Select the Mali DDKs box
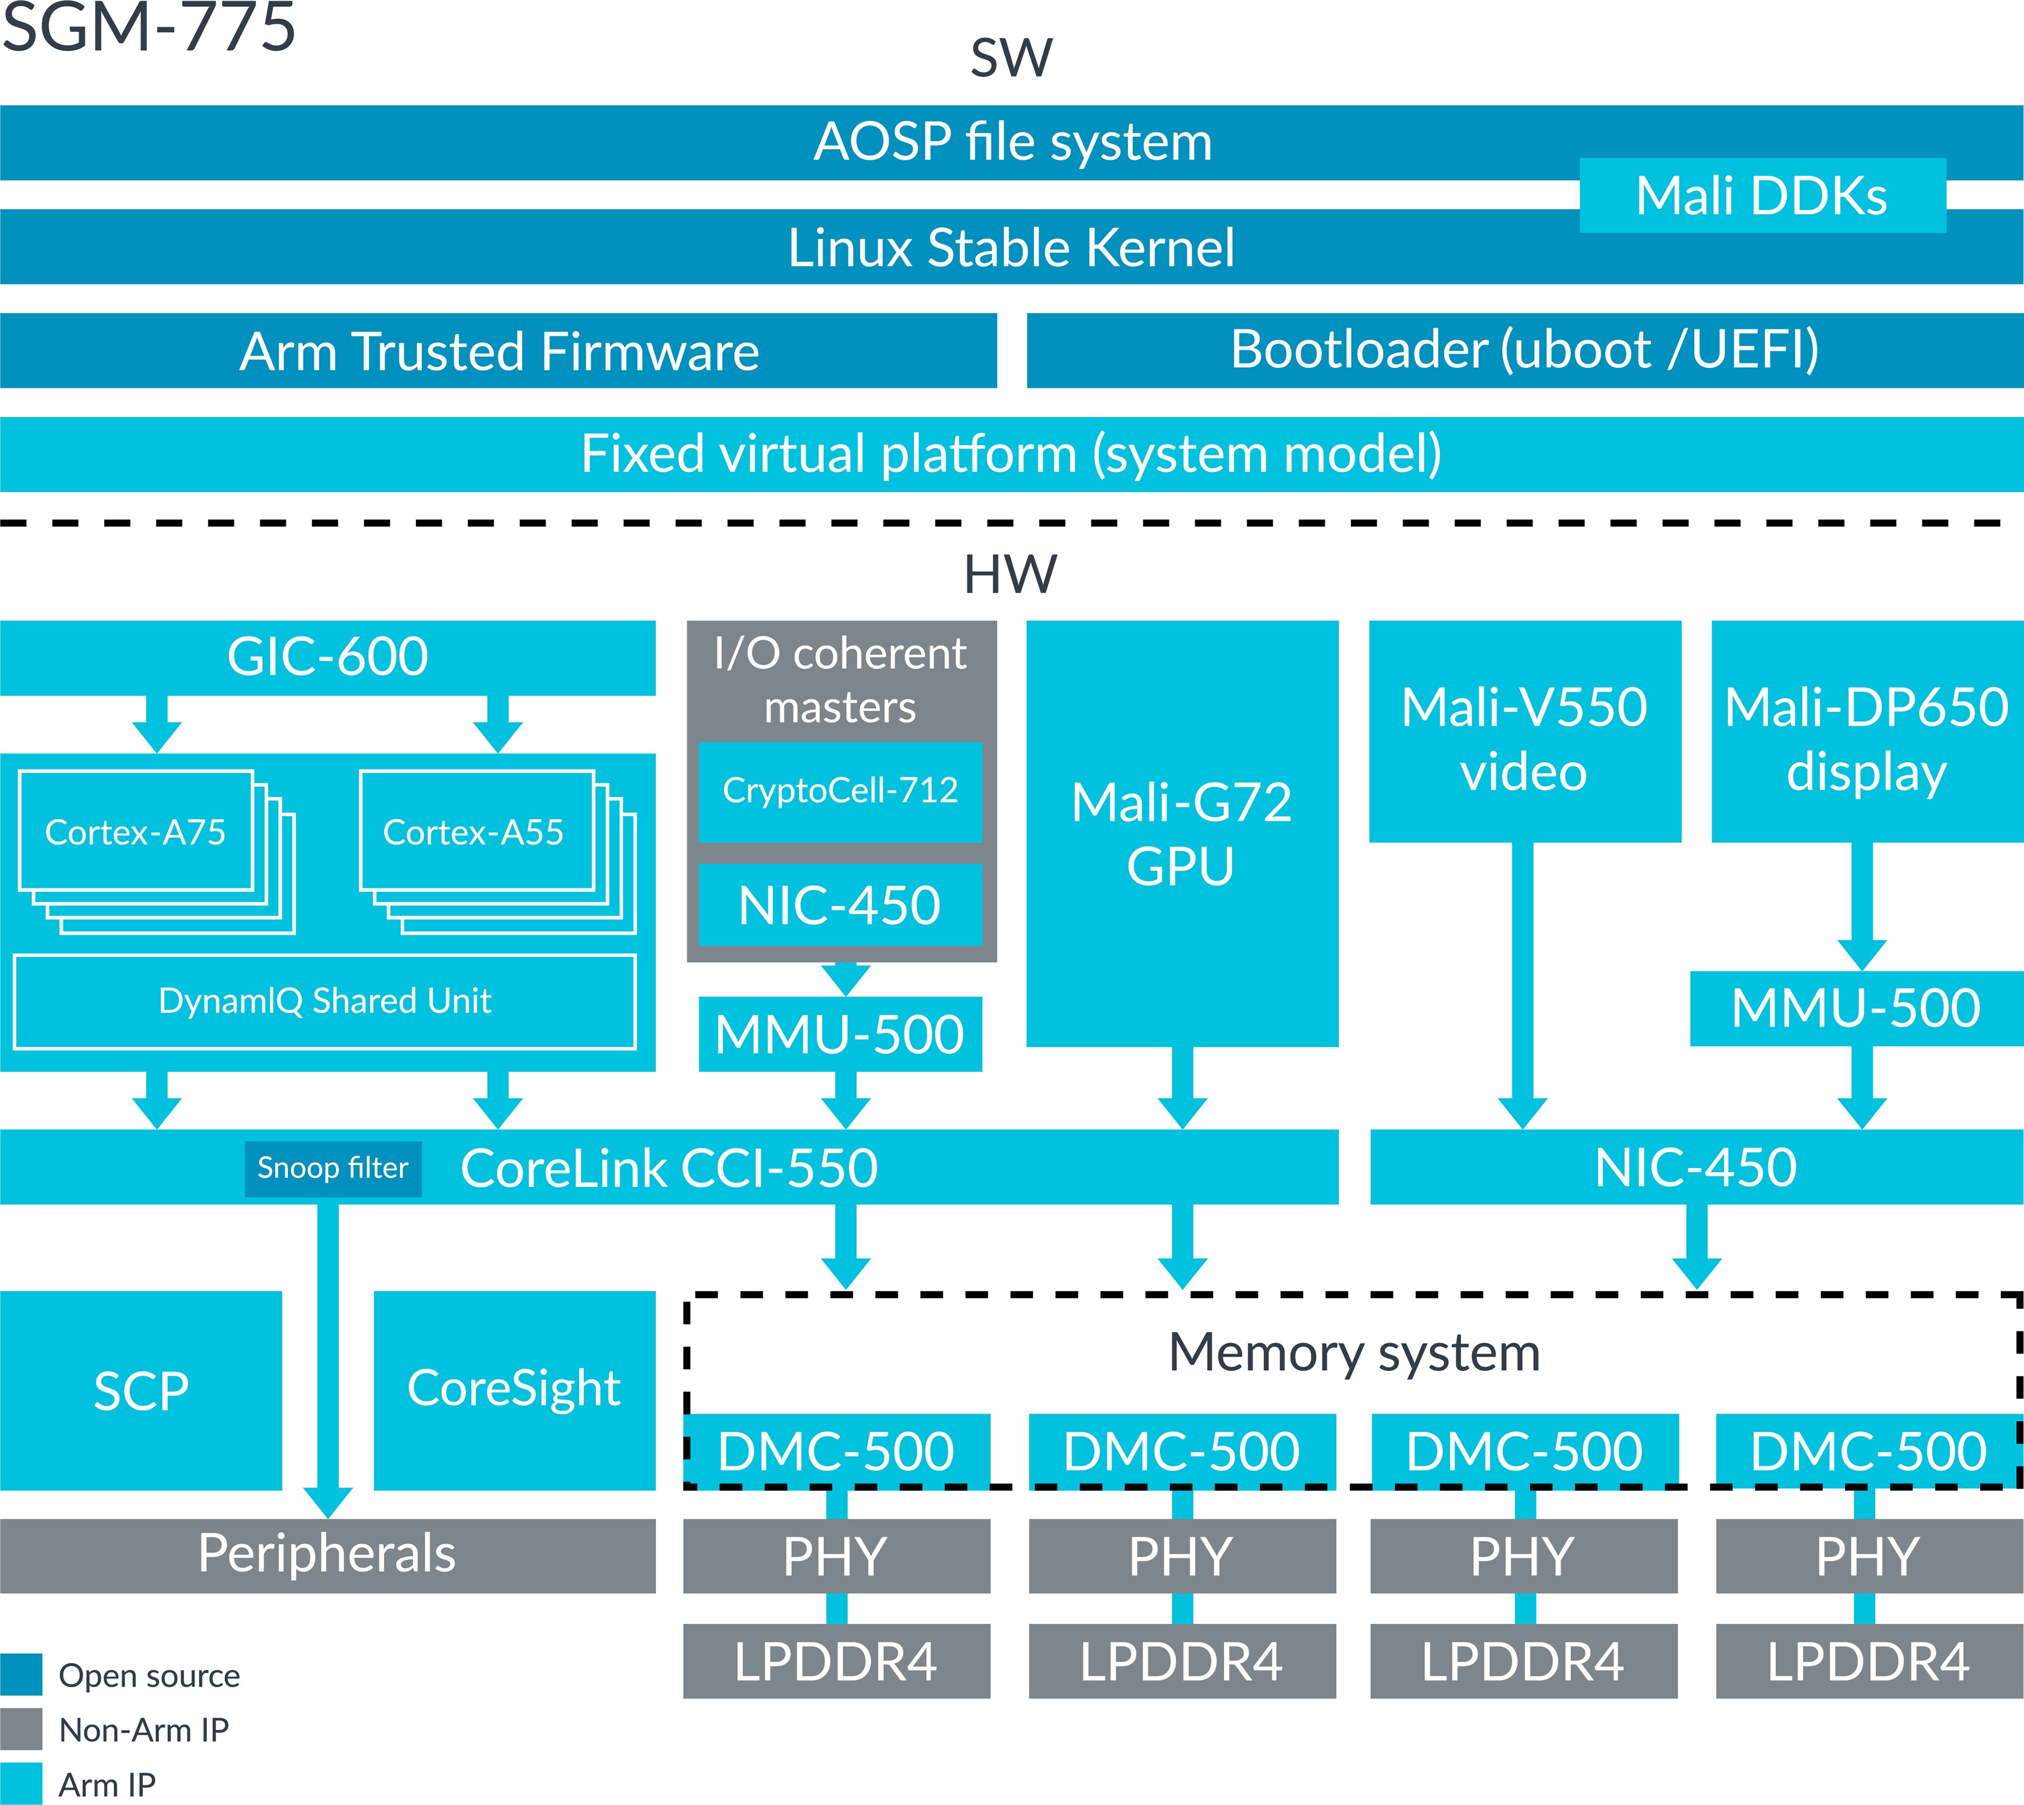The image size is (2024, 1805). click(x=1761, y=195)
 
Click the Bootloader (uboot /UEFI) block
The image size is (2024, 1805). click(x=1524, y=350)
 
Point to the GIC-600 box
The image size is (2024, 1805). click(x=327, y=656)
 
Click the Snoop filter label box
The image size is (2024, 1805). click(x=332, y=1168)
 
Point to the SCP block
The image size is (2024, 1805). click(x=141, y=1391)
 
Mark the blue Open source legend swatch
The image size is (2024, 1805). click(x=21, y=1675)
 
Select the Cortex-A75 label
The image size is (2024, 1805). click(x=136, y=832)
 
